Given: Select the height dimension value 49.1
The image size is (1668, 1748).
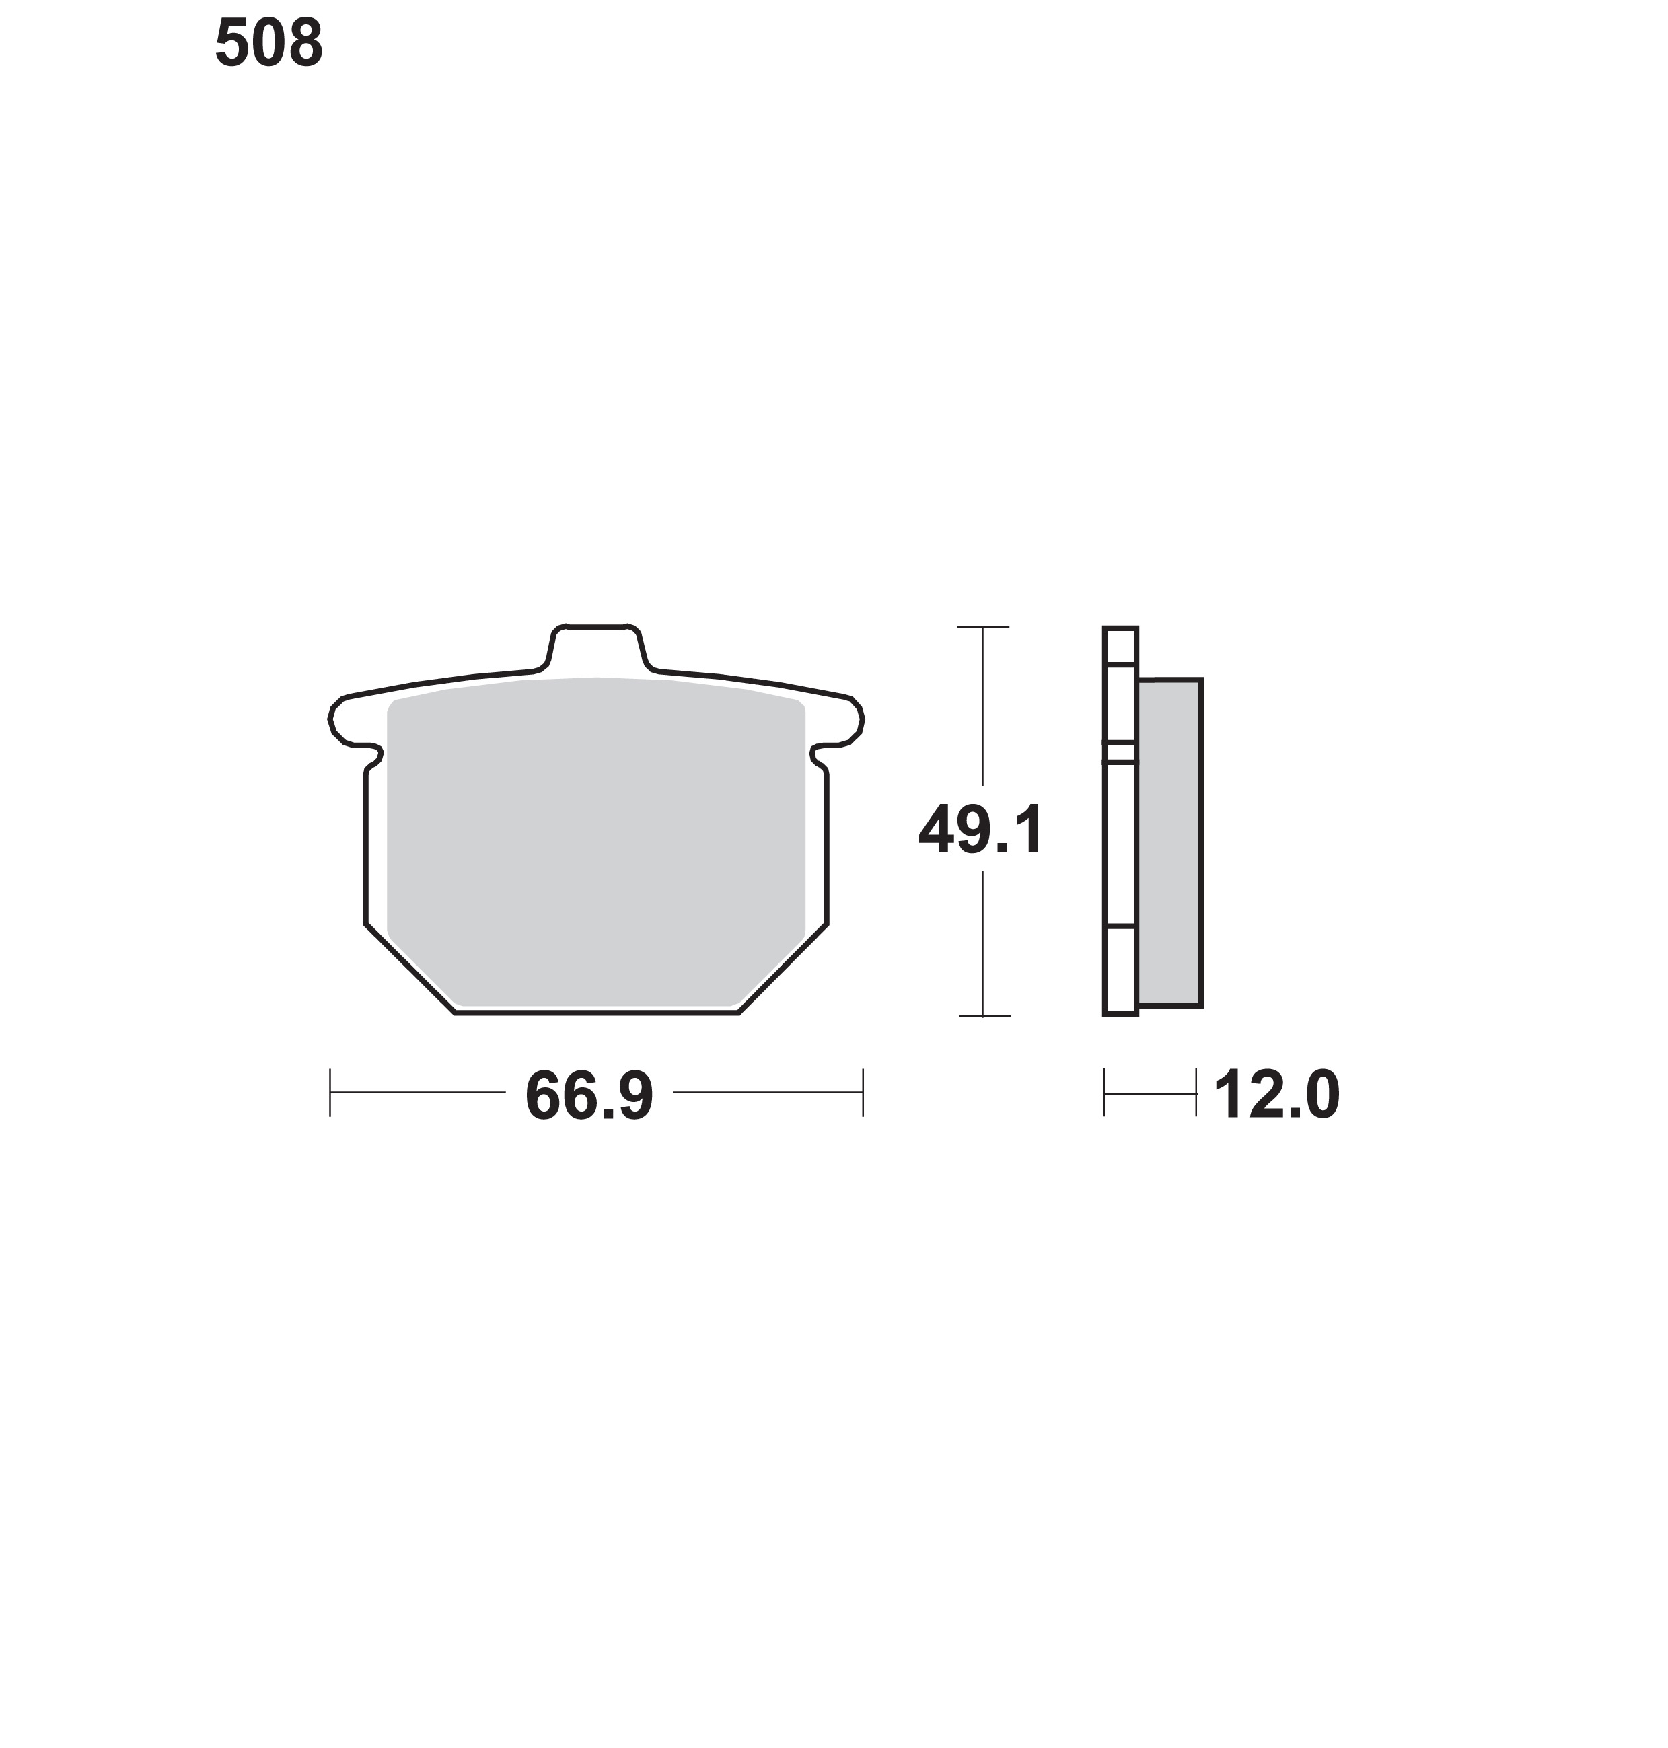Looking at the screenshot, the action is (981, 830).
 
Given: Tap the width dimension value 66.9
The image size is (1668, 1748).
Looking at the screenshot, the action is (589, 1095).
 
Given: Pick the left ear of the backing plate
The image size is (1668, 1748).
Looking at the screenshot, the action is (351, 722).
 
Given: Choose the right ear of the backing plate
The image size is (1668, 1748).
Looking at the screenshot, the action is (841, 722).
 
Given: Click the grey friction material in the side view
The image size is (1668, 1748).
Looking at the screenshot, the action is (1170, 843).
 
